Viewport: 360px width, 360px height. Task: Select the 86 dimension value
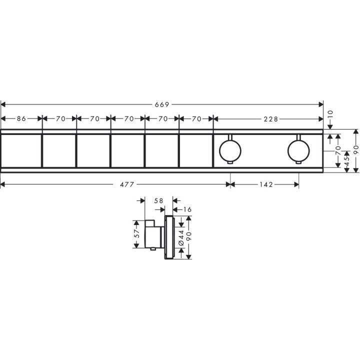pos(21,119)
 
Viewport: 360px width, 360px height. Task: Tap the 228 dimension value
pos(269,119)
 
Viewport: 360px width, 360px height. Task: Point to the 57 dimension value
pos(136,234)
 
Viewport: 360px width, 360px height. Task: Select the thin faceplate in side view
pos(169,237)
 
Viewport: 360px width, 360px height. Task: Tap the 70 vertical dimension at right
pos(338,148)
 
